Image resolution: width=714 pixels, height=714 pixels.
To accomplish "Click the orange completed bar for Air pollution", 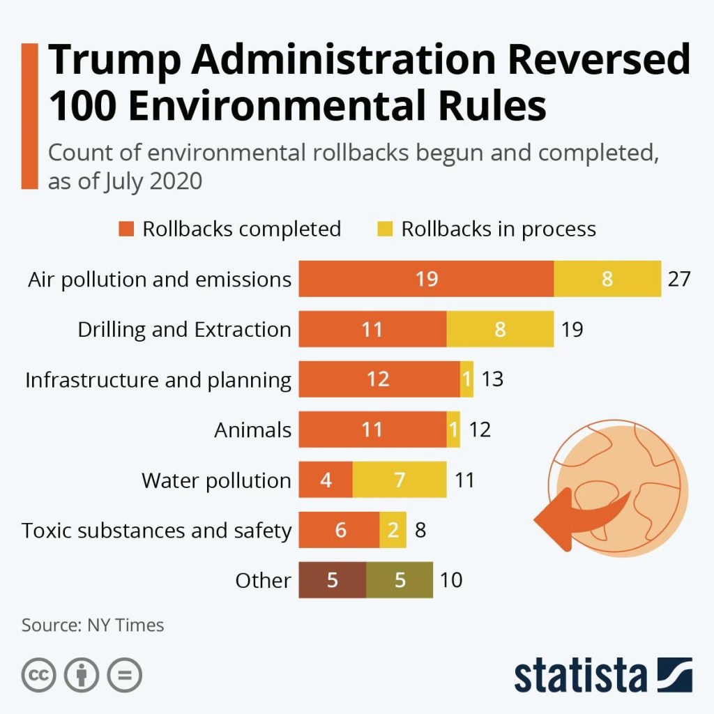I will point(426,279).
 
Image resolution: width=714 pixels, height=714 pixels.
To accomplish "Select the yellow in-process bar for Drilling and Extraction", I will point(500,329).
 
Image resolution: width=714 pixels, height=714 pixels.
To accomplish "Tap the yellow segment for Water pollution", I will point(400,480).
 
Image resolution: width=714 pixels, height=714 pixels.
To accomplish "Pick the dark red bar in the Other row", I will point(333,580).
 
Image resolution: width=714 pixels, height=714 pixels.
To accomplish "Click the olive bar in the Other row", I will point(400,580).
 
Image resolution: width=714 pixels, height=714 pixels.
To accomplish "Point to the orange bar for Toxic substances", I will point(340,530).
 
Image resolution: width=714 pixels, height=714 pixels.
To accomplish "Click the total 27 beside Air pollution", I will point(678,279).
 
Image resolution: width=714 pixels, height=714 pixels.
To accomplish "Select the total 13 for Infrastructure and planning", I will point(492,379).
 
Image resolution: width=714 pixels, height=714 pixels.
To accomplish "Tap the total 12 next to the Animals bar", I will point(480,430).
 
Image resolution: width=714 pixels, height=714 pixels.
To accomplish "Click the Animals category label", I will point(252,430).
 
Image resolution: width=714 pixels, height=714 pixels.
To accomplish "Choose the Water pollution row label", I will point(216,480).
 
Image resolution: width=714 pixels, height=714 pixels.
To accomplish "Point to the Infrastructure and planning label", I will point(158,380).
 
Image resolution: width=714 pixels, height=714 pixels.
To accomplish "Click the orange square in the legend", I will point(126,229).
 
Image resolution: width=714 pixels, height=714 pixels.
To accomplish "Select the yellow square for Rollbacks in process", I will point(385,229).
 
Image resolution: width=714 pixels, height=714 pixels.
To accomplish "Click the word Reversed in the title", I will point(598,61).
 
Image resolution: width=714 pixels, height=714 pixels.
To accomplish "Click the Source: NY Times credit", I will point(93,625).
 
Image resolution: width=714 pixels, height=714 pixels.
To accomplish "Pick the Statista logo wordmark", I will point(580,675).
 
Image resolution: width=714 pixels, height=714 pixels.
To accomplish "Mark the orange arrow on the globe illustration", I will point(572,517).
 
